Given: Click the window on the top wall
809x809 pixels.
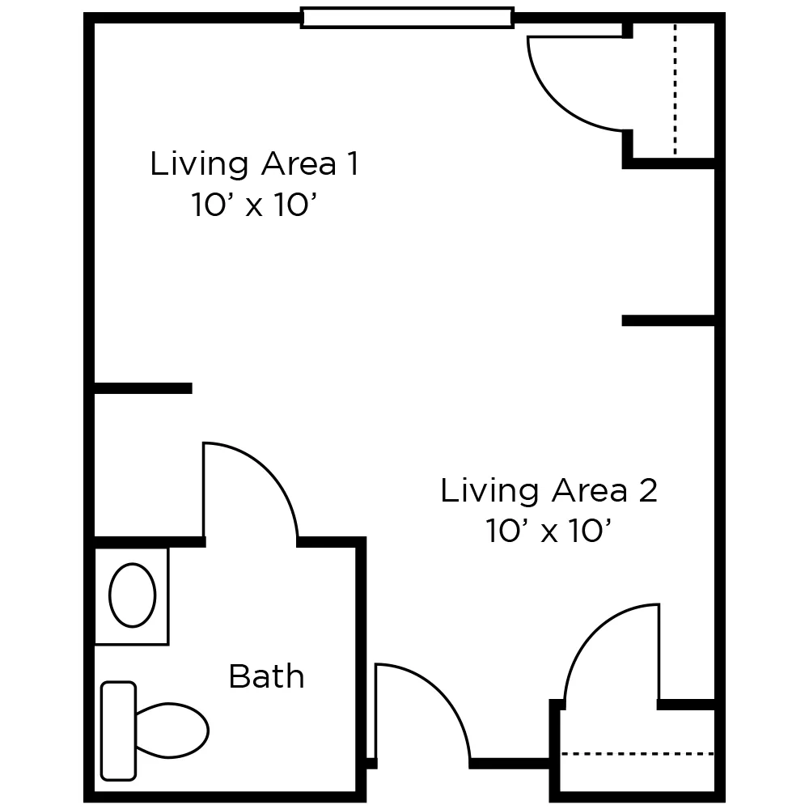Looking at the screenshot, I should [x=407, y=17].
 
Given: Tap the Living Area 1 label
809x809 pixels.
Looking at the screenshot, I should [x=253, y=164].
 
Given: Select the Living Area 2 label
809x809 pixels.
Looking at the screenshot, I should [x=549, y=490].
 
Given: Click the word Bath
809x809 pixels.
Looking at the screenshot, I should [x=266, y=676].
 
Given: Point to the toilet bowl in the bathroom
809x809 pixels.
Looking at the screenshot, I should [x=171, y=730].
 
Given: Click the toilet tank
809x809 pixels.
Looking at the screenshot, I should [x=118, y=731].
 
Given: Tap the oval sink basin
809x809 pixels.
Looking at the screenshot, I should [x=132, y=595].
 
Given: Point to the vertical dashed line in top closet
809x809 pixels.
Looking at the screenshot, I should [x=675, y=89].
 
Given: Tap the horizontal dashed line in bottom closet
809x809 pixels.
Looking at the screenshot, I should [x=637, y=754].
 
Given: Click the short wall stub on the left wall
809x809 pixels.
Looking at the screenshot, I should [x=143, y=388].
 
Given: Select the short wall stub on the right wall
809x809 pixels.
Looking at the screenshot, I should [x=667, y=321].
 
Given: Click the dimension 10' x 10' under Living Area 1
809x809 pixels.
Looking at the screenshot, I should [x=252, y=205].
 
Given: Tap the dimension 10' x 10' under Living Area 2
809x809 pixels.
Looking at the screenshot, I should [x=548, y=532].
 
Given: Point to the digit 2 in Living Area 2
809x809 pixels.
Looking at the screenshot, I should [x=646, y=490].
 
